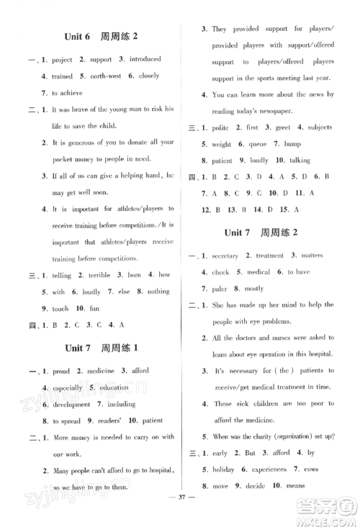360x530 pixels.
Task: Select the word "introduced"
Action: [140, 59]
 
